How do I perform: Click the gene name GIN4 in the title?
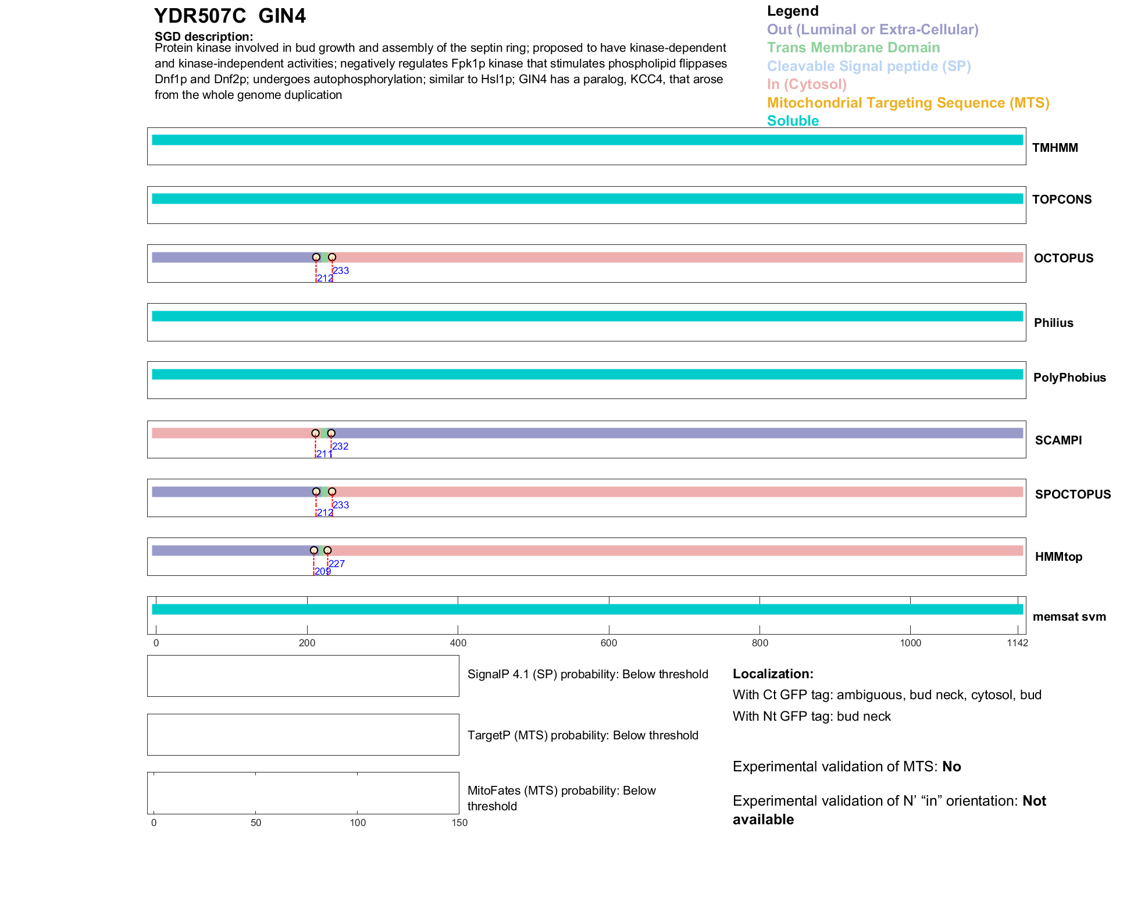pos(282,16)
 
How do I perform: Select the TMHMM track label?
pos(1055,148)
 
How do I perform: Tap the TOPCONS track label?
pos(1062,200)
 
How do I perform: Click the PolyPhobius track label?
pos(1069,378)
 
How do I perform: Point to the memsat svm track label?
pos(1069,617)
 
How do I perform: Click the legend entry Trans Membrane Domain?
pos(853,48)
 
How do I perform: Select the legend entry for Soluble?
pos(793,121)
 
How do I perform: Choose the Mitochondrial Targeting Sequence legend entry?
pos(908,103)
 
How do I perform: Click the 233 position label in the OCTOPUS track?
pos(341,270)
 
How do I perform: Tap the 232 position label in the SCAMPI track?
pos(340,447)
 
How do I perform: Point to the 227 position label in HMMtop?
pos(337,564)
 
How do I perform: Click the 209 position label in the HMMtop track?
pos(323,572)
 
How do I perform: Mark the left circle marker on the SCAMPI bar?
pos(315,433)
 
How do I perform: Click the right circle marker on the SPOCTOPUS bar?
pos(332,492)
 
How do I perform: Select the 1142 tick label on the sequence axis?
pos(1017,643)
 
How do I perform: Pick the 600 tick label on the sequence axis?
pos(609,643)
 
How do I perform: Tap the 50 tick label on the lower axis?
pos(256,823)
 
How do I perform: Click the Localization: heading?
pos(773,674)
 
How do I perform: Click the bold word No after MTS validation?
pos(951,767)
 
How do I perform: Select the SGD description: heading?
pos(204,37)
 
